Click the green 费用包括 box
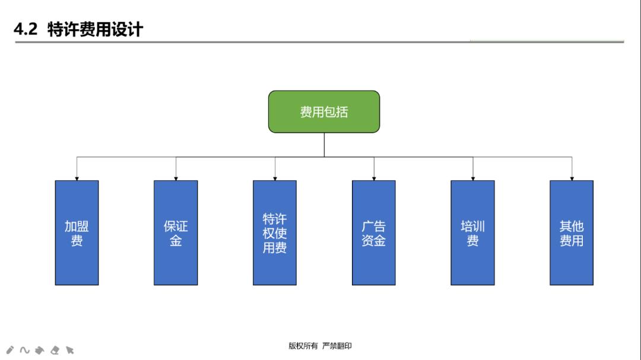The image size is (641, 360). click(323, 111)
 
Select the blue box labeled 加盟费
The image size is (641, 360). click(77, 232)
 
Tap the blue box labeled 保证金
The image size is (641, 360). click(176, 232)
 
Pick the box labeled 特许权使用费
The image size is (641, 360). click(274, 232)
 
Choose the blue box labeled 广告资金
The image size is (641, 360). click(373, 232)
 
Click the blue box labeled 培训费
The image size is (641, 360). click(472, 232)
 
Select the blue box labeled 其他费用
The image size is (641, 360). click(571, 232)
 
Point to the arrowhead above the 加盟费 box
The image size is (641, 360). click(77, 178)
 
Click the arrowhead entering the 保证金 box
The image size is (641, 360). click(176, 178)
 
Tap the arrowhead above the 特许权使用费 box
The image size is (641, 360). click(275, 178)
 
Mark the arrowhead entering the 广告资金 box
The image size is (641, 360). click(374, 178)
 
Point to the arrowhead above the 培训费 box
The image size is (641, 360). click(473, 178)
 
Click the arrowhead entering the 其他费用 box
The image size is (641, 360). click(572, 178)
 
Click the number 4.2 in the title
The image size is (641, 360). click(26, 30)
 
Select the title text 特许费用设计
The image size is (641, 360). click(95, 30)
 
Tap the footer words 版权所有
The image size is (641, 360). click(303, 346)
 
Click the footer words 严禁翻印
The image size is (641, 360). click(337, 346)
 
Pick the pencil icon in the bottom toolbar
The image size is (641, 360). click(10, 350)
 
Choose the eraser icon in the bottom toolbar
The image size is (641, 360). click(55, 350)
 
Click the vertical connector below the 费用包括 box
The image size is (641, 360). click(324, 145)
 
